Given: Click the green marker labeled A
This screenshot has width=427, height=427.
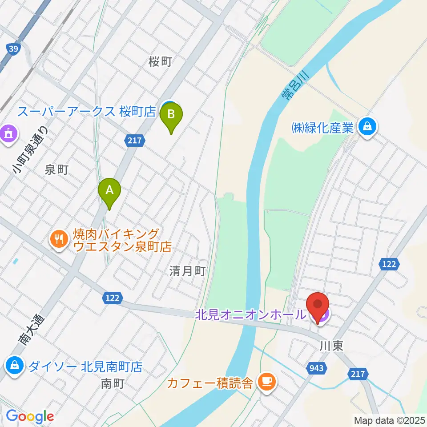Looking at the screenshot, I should pos(109,191).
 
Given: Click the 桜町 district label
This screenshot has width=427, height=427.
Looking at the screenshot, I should pos(160,62).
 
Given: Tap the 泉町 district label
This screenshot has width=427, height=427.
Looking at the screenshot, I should pos(56,169).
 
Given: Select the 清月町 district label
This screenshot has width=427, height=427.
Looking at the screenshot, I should pos(187,271).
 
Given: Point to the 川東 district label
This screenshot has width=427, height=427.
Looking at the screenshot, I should pos(331,346).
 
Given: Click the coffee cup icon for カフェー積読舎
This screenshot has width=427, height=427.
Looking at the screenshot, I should pos(266,381).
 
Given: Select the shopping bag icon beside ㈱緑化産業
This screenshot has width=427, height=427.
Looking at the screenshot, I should pos(368,128).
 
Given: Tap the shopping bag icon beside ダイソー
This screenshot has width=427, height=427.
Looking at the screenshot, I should pos(15,366).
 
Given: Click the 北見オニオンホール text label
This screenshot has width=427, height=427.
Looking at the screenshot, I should pos(250,315).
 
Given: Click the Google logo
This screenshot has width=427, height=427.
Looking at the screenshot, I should pos(30,416).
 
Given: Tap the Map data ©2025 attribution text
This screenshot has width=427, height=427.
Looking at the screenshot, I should pos(389,420).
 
